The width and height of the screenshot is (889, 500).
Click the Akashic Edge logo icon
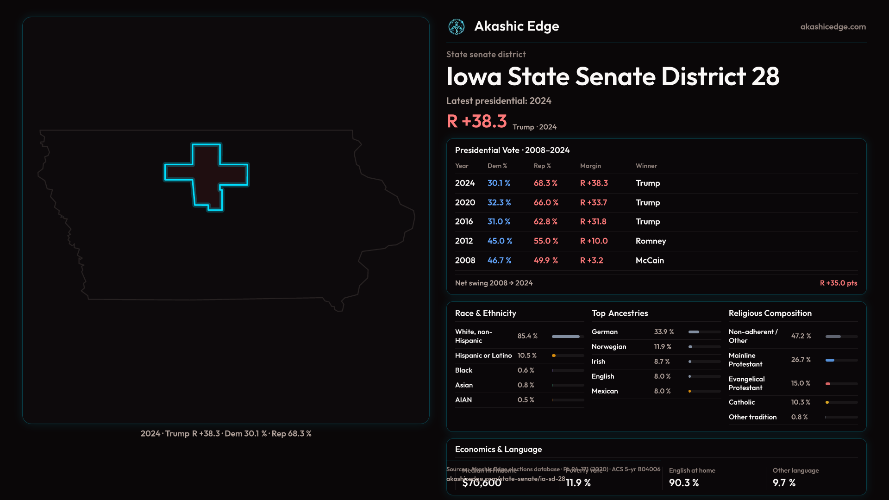tap(457, 27)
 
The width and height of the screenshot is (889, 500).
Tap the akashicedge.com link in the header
tap(833, 27)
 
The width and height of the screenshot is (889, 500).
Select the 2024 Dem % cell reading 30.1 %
tap(499, 183)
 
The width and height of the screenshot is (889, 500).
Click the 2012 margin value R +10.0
tap(594, 241)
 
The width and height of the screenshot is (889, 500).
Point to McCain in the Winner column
tap(650, 261)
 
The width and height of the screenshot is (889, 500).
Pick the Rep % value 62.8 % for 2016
tap(545, 222)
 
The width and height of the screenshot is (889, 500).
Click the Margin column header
tap(590, 166)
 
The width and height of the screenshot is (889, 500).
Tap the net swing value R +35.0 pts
tap(838, 283)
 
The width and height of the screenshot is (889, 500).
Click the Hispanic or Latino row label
tap(483, 356)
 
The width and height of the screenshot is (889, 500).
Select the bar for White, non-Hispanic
tap(566, 337)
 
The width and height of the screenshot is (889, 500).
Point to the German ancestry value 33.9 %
tap(664, 332)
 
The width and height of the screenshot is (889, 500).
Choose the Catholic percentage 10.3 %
tap(801, 402)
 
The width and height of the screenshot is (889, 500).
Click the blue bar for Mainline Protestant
tap(830, 360)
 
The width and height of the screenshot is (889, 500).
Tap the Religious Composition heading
tap(770, 313)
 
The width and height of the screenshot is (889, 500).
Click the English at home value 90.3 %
tap(683, 483)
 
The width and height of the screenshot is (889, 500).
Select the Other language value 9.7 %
tap(784, 483)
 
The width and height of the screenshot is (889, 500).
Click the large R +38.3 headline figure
tap(476, 121)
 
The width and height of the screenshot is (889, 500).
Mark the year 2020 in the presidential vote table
tap(465, 203)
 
